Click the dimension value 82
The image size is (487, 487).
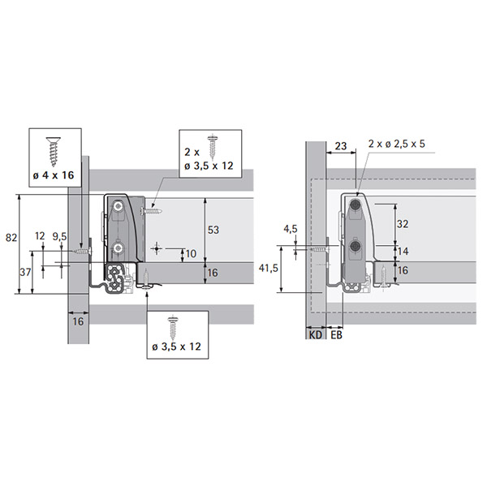pos(11,238)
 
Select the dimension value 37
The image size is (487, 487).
pos(25,272)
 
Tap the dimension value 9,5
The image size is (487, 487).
pos(59,237)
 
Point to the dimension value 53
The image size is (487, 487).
pos(213,230)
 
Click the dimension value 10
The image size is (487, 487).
pos(191,254)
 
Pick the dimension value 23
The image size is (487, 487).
pos(341,146)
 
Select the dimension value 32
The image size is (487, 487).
pos(403,224)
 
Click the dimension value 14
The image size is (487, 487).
pos(403,251)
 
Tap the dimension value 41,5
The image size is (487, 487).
pos(269,268)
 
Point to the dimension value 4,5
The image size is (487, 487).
pos(291,229)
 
